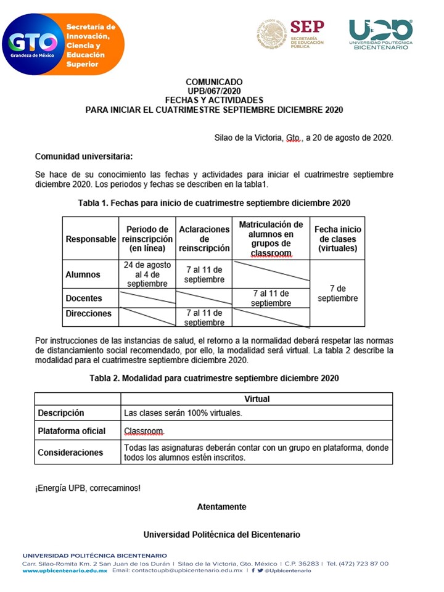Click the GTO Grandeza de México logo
[33, 45]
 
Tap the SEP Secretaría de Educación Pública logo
[290, 34]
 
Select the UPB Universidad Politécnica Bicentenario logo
[380, 35]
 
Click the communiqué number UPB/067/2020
[213, 91]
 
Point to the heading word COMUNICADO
[213, 82]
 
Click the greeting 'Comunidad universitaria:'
[83, 156]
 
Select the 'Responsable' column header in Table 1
[91, 239]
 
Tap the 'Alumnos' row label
[83, 274]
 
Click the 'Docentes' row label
[84, 298]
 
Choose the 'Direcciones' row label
[88, 313]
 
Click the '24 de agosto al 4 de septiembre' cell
[147, 274]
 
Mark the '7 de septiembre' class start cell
[337, 293]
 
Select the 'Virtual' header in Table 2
[257, 399]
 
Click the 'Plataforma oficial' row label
[72, 430]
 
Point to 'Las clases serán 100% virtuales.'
[183, 413]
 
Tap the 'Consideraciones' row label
[70, 452]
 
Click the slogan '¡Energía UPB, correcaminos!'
[88, 488]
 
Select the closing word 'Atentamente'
[221, 507]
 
